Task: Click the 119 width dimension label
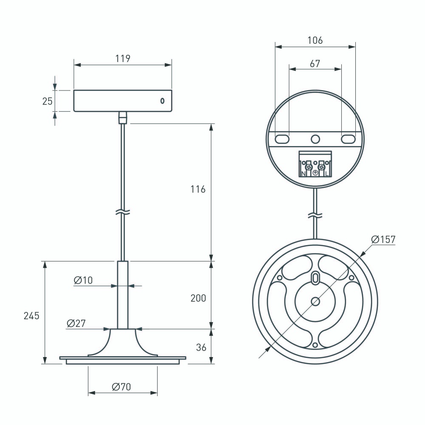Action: pyautogui.click(x=122, y=58)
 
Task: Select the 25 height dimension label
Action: pyautogui.click(x=47, y=101)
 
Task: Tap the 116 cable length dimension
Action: pyautogui.click(x=198, y=189)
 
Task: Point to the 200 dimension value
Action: pyautogui.click(x=198, y=298)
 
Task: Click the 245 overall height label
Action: pyautogui.click(x=31, y=315)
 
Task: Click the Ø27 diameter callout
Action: pyautogui.click(x=76, y=323)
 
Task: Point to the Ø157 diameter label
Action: pyautogui.click(x=383, y=239)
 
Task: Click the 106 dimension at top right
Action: pyautogui.click(x=315, y=40)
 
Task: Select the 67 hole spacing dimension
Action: pyautogui.click(x=315, y=64)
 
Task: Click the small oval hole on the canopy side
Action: pyautogui.click(x=162, y=101)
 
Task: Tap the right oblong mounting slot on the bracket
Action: pyautogui.click(x=348, y=139)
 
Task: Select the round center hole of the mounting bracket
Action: pyautogui.click(x=315, y=139)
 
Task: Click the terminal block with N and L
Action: pyautogui.click(x=315, y=164)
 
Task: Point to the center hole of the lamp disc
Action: pyautogui.click(x=315, y=301)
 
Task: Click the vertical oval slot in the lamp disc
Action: pyautogui.click(x=315, y=278)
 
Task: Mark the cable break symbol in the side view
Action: pyautogui.click(x=123, y=211)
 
